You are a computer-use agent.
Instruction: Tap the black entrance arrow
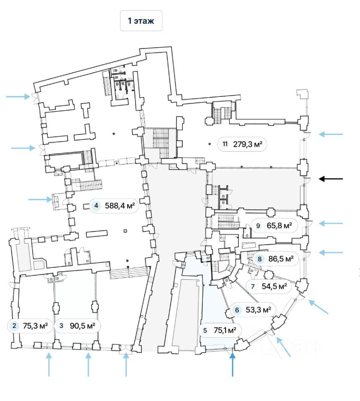click(x=331, y=179)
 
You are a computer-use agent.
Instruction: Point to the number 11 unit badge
click(x=225, y=145)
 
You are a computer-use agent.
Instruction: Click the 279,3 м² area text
click(x=248, y=145)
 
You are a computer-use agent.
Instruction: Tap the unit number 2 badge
click(x=15, y=326)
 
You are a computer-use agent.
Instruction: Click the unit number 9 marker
click(x=258, y=226)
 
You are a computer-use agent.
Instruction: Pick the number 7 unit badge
click(x=253, y=287)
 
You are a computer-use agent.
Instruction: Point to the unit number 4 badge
click(x=97, y=206)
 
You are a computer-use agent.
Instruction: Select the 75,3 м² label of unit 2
click(x=35, y=326)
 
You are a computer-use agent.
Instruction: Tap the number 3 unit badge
click(x=62, y=326)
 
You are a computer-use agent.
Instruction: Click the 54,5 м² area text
click(x=274, y=287)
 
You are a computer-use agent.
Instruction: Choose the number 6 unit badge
click(x=237, y=310)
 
